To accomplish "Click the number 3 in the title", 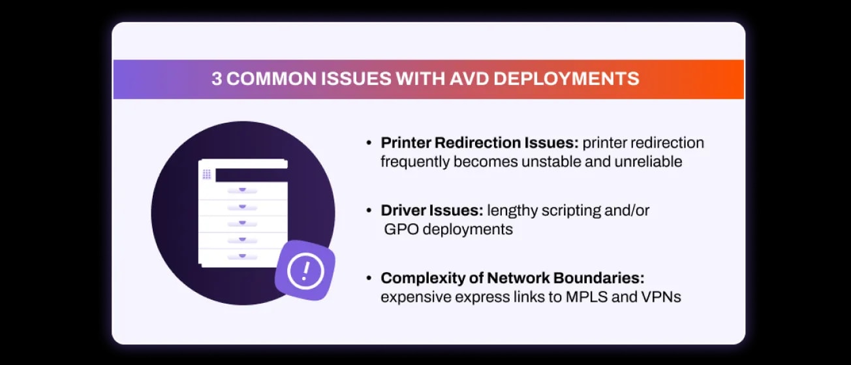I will point(217,80).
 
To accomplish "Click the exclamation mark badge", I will point(305,270).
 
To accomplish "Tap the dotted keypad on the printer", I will point(207,174).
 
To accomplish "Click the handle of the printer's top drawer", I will point(242,190).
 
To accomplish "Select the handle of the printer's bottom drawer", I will point(242,256).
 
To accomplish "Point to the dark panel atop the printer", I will point(251,175).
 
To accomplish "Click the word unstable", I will point(556,161).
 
